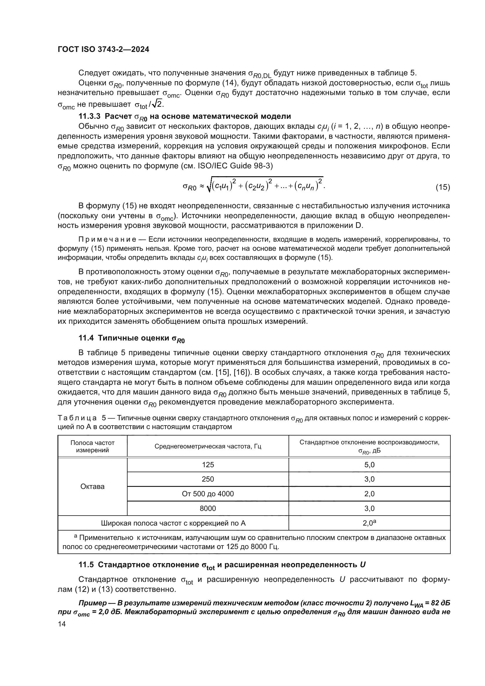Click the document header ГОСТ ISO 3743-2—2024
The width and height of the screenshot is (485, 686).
point(103,50)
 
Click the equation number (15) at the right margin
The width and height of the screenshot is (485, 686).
point(442,187)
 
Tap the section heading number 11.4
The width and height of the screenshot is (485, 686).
point(86,338)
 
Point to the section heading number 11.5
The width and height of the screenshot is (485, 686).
point(86,565)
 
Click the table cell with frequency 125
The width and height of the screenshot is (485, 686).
point(208,465)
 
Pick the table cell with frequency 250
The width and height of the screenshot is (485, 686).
point(208,479)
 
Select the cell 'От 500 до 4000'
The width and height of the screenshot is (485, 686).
point(208,494)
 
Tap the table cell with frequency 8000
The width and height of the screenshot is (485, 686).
point(208,509)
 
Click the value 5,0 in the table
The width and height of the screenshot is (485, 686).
point(369,465)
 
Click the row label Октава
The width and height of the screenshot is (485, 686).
point(93,486)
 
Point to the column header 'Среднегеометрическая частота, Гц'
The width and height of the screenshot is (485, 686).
point(208,446)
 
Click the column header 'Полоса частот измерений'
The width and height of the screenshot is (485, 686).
point(93,446)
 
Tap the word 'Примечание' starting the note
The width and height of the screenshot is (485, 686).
point(107,240)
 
